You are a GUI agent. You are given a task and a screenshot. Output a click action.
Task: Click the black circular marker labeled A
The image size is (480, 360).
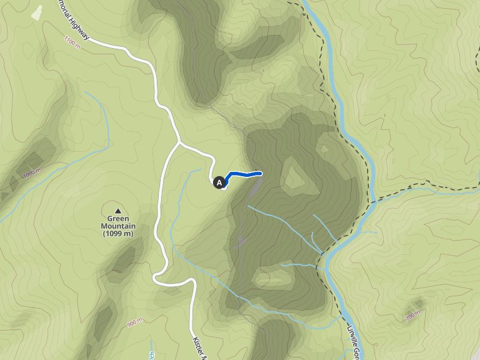219,182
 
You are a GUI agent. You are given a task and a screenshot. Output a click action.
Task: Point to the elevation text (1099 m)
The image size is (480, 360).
118,234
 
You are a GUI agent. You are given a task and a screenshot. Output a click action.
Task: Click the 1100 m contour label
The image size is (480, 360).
72,42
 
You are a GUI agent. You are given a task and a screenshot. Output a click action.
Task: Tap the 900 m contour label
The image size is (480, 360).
134,322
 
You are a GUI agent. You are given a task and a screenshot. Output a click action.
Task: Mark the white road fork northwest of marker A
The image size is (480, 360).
180,143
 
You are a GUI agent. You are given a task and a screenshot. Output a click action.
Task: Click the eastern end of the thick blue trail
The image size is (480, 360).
259,173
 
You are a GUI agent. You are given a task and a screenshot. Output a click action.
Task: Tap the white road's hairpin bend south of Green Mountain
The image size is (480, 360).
156,279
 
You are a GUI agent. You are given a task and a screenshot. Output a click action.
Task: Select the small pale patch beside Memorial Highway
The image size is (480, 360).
37,12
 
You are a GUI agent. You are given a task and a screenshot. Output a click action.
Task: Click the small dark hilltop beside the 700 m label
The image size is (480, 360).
417,306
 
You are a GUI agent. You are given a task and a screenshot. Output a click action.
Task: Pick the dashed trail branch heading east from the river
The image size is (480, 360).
425,185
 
